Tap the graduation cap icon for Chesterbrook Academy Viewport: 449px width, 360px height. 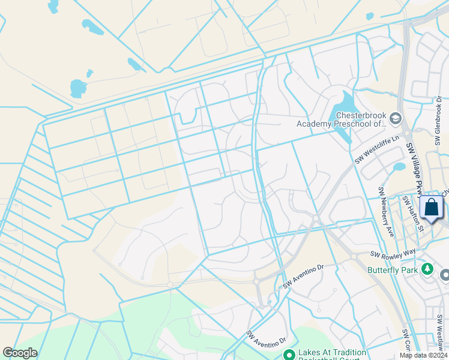(396, 119)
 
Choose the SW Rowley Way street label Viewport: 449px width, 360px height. (393, 254)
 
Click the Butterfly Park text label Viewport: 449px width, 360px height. (394, 270)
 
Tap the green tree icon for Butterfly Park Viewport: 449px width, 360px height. (427, 268)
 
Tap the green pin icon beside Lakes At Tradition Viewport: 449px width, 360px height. (289, 355)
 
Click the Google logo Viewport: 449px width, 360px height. (20, 353)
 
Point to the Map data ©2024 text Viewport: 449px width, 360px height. (423, 355)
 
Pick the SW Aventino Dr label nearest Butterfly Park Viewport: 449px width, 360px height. (303, 275)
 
